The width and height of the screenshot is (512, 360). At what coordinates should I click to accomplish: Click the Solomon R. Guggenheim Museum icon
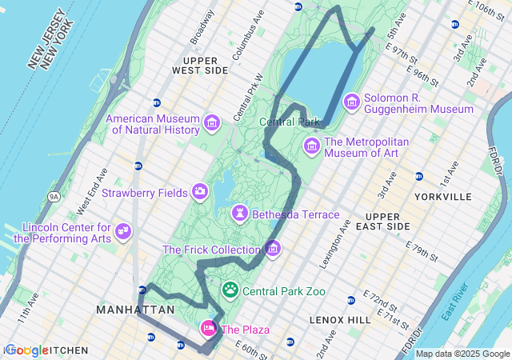pyautogui.click(x=351, y=102)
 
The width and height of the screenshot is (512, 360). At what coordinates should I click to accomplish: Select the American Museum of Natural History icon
pyautogui.click(x=211, y=122)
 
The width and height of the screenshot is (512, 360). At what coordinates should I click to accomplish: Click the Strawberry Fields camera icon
pyautogui.click(x=200, y=191)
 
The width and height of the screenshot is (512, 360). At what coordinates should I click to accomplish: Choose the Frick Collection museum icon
pyautogui.click(x=273, y=249)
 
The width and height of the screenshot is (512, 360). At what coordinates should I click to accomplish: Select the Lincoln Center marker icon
pyautogui.click(x=122, y=231)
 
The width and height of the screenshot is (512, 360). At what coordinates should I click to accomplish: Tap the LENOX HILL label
pyautogui.click(x=340, y=319)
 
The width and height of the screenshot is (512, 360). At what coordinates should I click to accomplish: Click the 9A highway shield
pyautogui.click(x=54, y=195)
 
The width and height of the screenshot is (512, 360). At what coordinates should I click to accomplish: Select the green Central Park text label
pyautogui.click(x=290, y=122)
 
